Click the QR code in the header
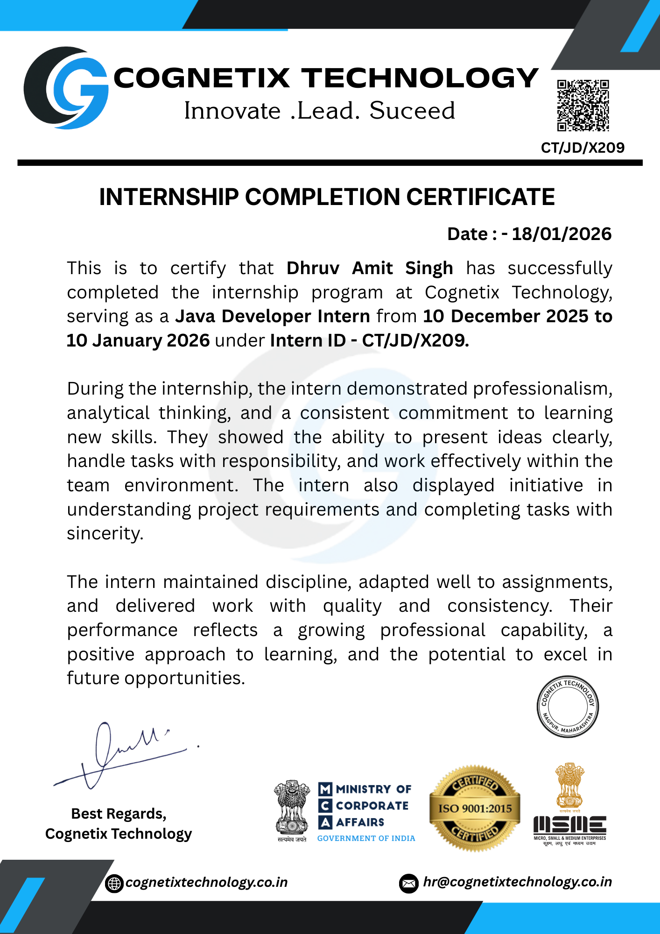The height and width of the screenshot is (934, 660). tap(583, 106)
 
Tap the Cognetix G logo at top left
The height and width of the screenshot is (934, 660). tap(66, 88)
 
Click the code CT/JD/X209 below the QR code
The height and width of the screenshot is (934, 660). tap(583, 148)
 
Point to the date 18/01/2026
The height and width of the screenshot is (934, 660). tap(562, 234)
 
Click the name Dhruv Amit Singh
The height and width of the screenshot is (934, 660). tap(370, 269)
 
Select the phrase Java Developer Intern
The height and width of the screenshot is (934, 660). tap(273, 317)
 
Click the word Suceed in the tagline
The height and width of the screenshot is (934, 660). tap(412, 111)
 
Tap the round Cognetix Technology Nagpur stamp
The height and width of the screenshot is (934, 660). tap(568, 707)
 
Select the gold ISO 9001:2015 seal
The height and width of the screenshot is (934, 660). tap(475, 808)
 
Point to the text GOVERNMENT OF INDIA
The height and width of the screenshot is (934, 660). tap(366, 838)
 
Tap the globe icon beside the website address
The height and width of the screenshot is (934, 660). tap(114, 883)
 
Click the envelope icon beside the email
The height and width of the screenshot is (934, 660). tap(409, 883)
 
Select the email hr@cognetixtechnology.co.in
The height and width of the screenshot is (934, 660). tap(517, 882)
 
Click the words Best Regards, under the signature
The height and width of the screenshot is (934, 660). tap(119, 814)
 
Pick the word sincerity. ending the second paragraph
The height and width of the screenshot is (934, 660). tap(105, 534)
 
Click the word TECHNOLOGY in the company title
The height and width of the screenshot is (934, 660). tap(420, 78)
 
